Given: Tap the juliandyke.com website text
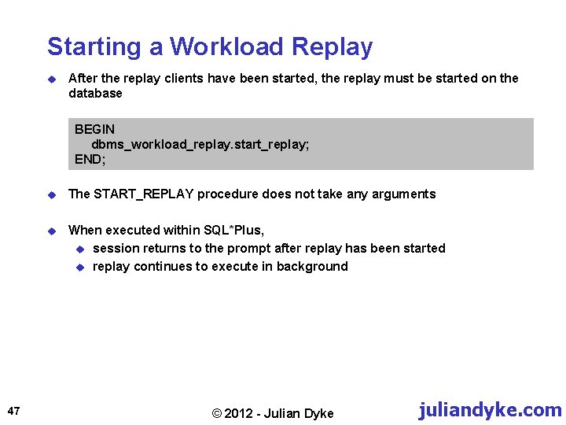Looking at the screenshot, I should coord(491,410).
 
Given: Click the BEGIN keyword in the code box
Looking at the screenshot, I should coord(94,129).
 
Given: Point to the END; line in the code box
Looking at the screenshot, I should coord(90,159).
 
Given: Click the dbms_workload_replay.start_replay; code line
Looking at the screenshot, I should coord(200,144).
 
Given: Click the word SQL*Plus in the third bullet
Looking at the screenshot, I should coord(233,231).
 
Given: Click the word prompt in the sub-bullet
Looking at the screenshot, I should coord(249,249).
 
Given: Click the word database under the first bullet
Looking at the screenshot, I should coord(95,94).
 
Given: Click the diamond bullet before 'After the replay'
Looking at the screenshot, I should coord(51,79).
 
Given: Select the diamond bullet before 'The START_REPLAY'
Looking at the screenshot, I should coord(51,194).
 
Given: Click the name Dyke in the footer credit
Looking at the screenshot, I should coord(318,414).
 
